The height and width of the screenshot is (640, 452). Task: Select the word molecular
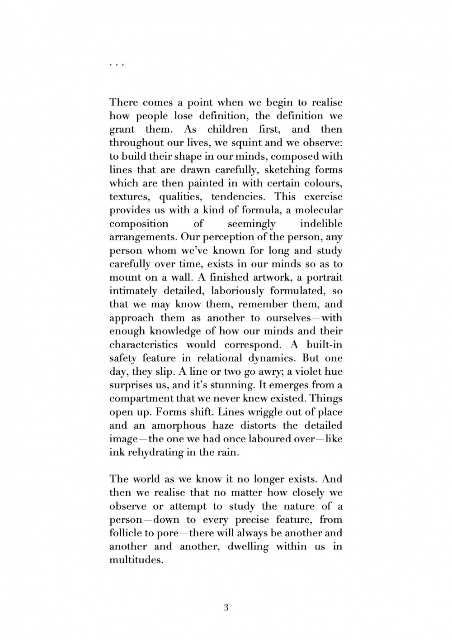tap(320, 210)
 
